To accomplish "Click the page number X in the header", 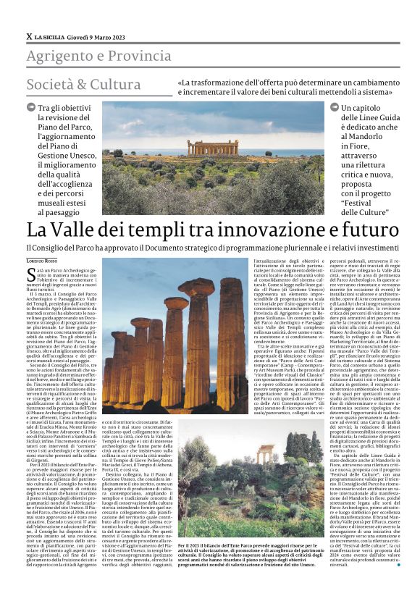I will [28, 37].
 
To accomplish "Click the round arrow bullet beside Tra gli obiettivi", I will [31, 108].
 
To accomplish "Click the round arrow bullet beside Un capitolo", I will [335, 108].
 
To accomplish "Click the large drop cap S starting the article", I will [31, 275].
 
